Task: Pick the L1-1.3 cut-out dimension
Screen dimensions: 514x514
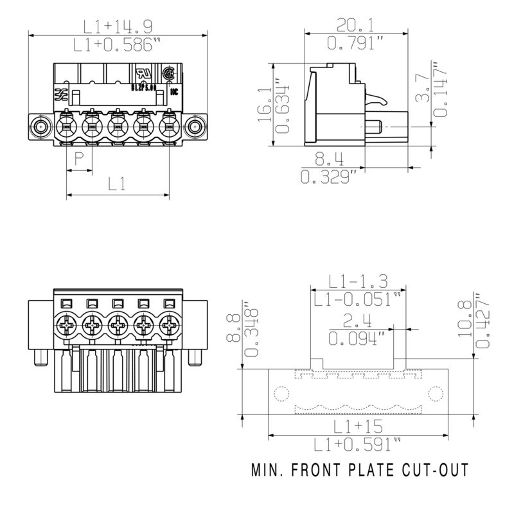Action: coord(358,281)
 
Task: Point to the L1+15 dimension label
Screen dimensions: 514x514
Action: coord(357,426)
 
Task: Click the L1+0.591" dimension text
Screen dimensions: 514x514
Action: coord(357,445)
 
